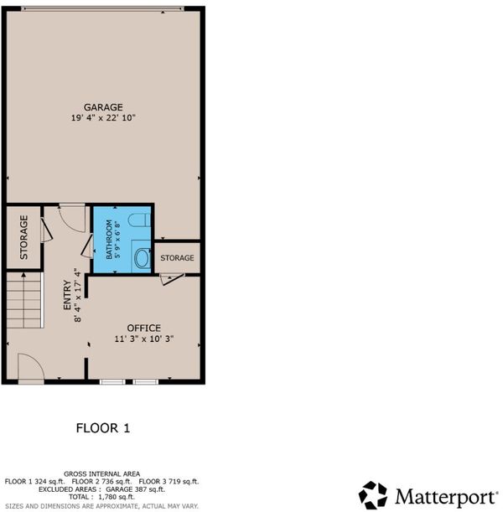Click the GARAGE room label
click(x=103, y=107)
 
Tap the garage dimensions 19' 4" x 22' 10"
click(x=103, y=117)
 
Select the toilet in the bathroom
click(x=139, y=220)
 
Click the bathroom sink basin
click(x=142, y=257)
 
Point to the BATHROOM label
click(x=109, y=240)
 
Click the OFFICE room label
click(x=143, y=328)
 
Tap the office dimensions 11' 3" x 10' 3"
click(x=143, y=339)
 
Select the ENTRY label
click(x=67, y=295)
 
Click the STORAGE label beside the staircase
click(x=23, y=237)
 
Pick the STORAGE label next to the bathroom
click(x=177, y=258)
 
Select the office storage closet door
click(x=172, y=278)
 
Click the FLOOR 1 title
click(x=103, y=428)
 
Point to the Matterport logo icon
click(x=373, y=495)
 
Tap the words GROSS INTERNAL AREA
click(x=102, y=473)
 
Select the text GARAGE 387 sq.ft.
click(x=135, y=489)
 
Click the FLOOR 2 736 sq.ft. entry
click(x=102, y=482)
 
